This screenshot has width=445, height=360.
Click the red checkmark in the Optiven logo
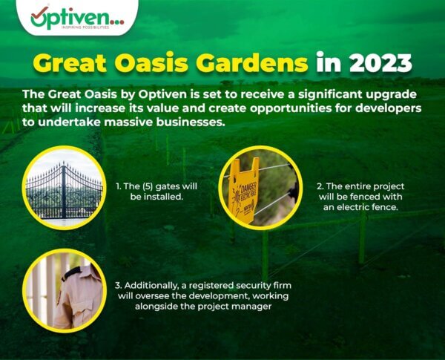pyautogui.click(x=40, y=11)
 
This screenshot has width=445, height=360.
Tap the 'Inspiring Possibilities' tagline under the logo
pyautogui.click(x=85, y=27)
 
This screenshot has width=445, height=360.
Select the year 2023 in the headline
pyautogui.click(x=380, y=62)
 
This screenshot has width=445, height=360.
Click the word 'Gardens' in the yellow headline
pyautogui.click(x=251, y=62)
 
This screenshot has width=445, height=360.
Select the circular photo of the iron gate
pyautogui.click(x=64, y=187)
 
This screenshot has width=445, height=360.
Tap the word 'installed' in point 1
pyautogui.click(x=168, y=197)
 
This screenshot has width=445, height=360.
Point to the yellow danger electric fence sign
pyautogui.click(x=244, y=191)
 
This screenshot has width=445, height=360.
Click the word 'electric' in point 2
pyautogui.click(x=352, y=207)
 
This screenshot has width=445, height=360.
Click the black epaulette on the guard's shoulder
pyautogui.click(x=71, y=274)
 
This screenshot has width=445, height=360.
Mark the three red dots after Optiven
pyautogui.click(x=118, y=22)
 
